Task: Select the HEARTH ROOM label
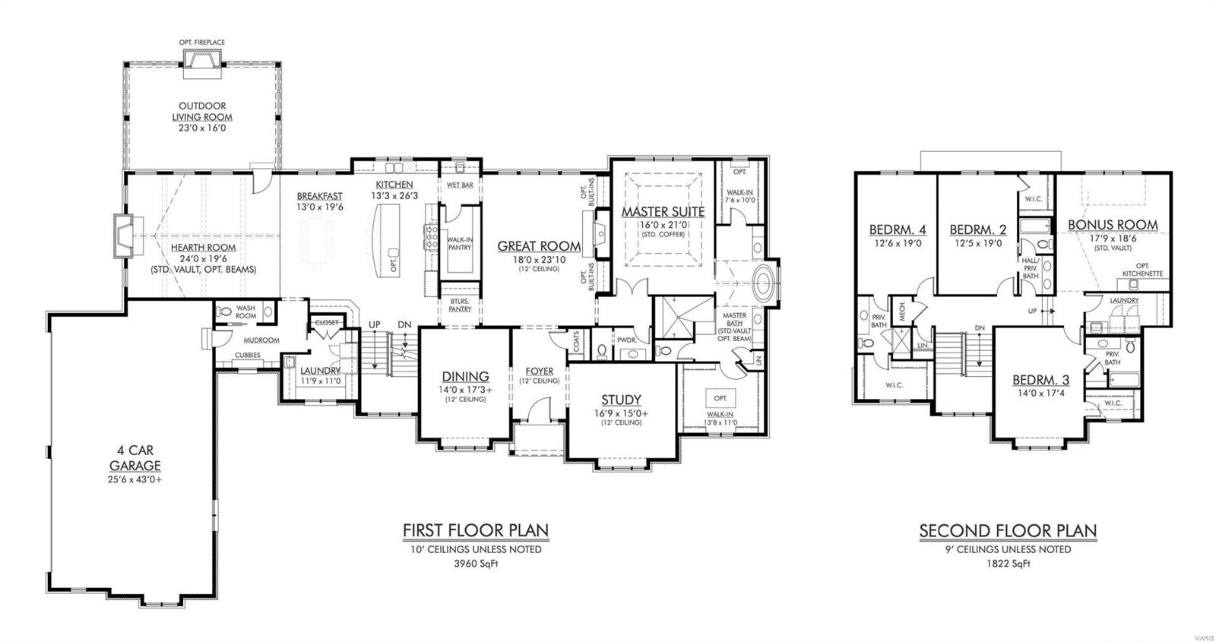click(x=202, y=248)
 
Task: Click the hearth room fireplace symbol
click(x=124, y=232)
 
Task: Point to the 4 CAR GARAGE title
click(x=135, y=458)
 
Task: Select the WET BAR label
click(x=460, y=185)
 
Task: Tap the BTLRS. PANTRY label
click(x=460, y=305)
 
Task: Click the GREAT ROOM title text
click(x=539, y=246)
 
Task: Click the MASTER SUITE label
click(x=663, y=212)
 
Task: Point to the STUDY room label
click(x=621, y=400)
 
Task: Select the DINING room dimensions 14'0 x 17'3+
click(x=465, y=389)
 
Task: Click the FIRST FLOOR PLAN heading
click(x=475, y=530)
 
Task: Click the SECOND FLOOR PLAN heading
click(x=1008, y=530)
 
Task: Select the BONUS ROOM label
click(x=1113, y=225)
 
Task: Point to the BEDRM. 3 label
click(x=1040, y=381)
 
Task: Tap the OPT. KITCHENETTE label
click(x=1143, y=270)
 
